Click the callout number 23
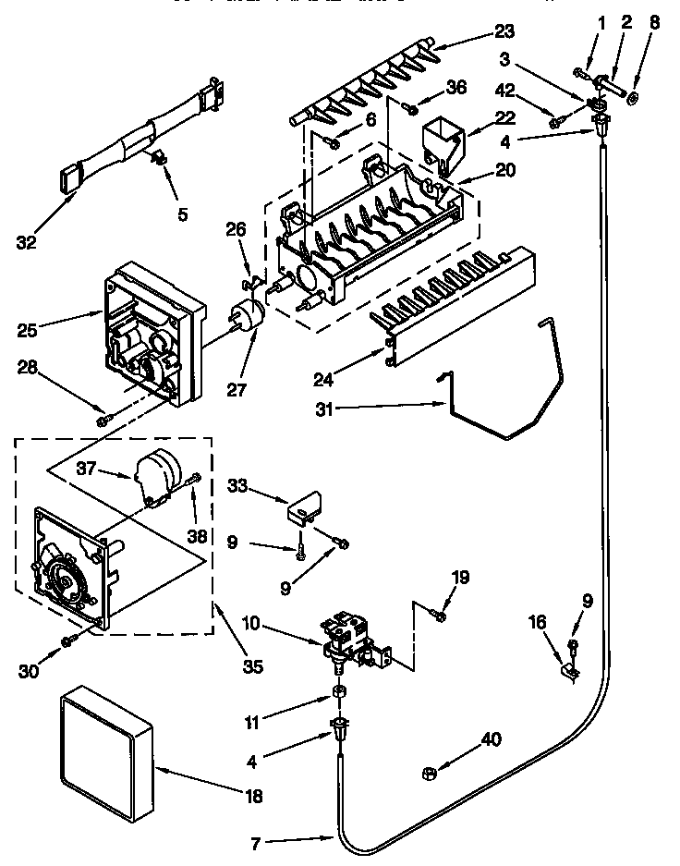pos(503,30)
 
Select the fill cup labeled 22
pos(441,140)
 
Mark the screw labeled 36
pos(407,109)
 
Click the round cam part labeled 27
pos(246,317)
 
